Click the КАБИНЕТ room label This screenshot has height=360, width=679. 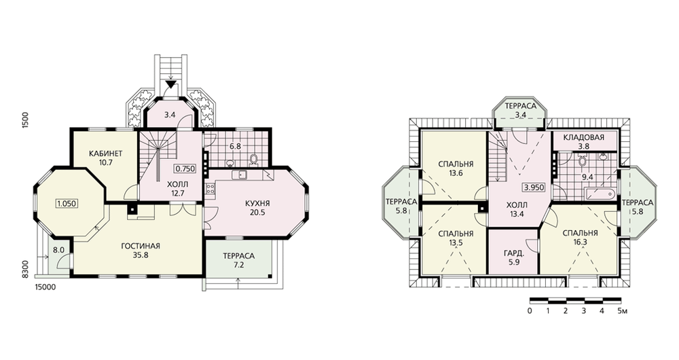click(106, 154)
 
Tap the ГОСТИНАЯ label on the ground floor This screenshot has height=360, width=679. click(141, 246)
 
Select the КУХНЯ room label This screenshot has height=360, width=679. click(257, 203)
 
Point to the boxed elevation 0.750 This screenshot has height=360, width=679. click(185, 168)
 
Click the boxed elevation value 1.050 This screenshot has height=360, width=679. click(67, 203)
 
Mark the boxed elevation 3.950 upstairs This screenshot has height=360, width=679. click(534, 187)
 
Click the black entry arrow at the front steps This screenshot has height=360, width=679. click(172, 84)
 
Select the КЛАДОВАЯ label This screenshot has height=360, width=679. click(584, 138)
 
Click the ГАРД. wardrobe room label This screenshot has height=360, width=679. click(514, 253)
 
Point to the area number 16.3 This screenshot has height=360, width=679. click(581, 242)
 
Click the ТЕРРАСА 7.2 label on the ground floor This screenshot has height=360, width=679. click(238, 256)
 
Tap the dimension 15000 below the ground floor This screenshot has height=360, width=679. click(45, 287)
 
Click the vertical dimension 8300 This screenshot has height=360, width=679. click(25, 268)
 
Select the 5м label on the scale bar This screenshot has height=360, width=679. click(622, 311)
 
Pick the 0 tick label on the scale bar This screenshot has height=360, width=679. click(530, 311)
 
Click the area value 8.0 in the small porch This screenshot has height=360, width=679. click(58, 250)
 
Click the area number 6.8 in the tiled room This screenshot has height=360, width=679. click(235, 146)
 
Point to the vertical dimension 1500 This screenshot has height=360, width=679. click(25, 120)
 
